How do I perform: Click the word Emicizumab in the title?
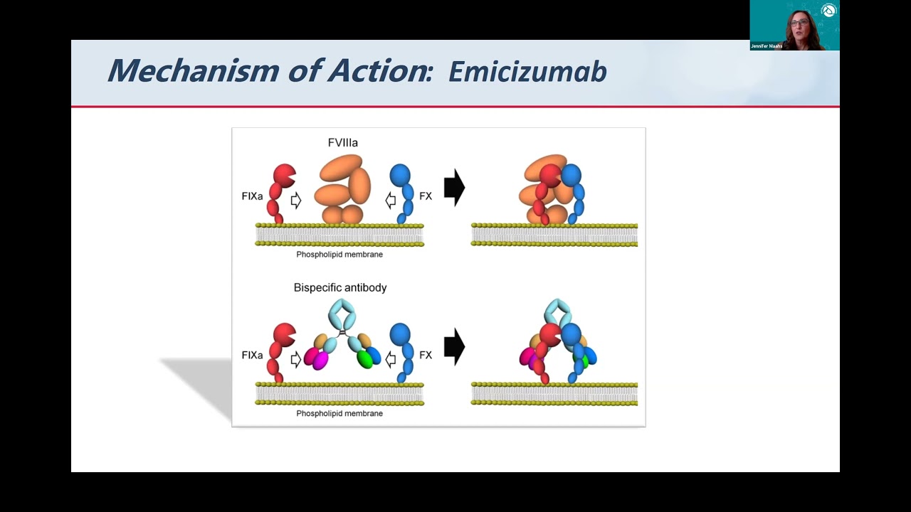[x=527, y=72]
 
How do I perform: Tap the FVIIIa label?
[x=342, y=143]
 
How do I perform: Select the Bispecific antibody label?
[x=340, y=288]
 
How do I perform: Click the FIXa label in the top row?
[x=252, y=196]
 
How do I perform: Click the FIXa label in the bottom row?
[x=252, y=355]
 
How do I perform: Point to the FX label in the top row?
[x=426, y=196]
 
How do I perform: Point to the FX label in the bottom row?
[x=426, y=355]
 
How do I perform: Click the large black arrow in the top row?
[x=454, y=188]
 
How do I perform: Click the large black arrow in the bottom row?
[x=454, y=347]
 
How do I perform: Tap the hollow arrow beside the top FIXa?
[x=296, y=201]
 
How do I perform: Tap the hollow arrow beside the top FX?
[x=390, y=201]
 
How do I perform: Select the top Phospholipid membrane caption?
[x=339, y=255]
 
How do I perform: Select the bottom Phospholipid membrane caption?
[x=339, y=413]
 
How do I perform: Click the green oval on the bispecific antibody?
[x=365, y=359]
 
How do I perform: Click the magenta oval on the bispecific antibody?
[x=320, y=360]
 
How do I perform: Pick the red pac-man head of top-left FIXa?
[x=284, y=175]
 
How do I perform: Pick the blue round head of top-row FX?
[x=401, y=175]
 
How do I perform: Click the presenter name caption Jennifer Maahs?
[x=766, y=46]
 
